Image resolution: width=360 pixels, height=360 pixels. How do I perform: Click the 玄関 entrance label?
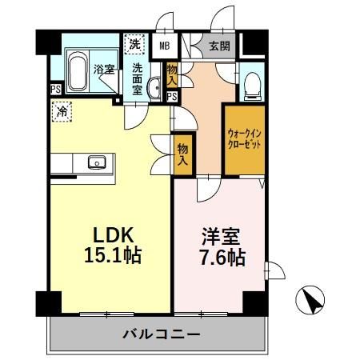(221, 46)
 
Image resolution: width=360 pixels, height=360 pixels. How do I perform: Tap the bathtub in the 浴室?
(78, 72)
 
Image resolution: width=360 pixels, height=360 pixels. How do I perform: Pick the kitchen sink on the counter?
(99, 163)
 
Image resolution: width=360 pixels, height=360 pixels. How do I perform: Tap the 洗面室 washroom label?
(138, 78)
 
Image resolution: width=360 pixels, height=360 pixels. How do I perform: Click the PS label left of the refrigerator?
(55, 90)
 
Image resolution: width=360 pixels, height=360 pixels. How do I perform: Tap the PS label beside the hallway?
(171, 97)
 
